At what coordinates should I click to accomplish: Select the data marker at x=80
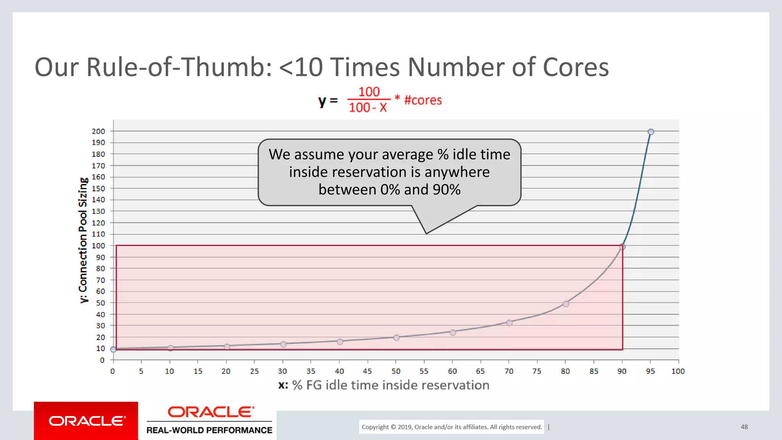click(x=566, y=304)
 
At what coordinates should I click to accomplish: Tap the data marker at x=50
click(x=396, y=338)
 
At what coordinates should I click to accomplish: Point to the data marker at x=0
click(x=113, y=349)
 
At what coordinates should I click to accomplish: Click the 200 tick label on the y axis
click(x=98, y=131)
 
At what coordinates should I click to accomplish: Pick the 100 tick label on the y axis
click(x=98, y=246)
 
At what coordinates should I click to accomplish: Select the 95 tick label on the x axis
click(x=650, y=371)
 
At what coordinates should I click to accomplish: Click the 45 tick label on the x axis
click(x=367, y=371)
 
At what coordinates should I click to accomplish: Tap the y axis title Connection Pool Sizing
click(x=83, y=241)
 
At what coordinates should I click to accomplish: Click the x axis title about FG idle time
click(x=384, y=385)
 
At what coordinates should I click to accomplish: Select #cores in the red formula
click(x=423, y=100)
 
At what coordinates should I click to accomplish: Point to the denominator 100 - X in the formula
click(x=368, y=108)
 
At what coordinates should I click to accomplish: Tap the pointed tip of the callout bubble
click(x=426, y=233)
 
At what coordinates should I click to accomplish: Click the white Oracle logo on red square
click(x=86, y=421)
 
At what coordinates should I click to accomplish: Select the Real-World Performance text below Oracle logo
click(x=209, y=430)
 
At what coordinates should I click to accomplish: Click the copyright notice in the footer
click(x=452, y=427)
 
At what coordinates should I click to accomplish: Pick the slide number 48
click(x=744, y=427)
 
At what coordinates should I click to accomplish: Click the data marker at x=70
click(x=509, y=323)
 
